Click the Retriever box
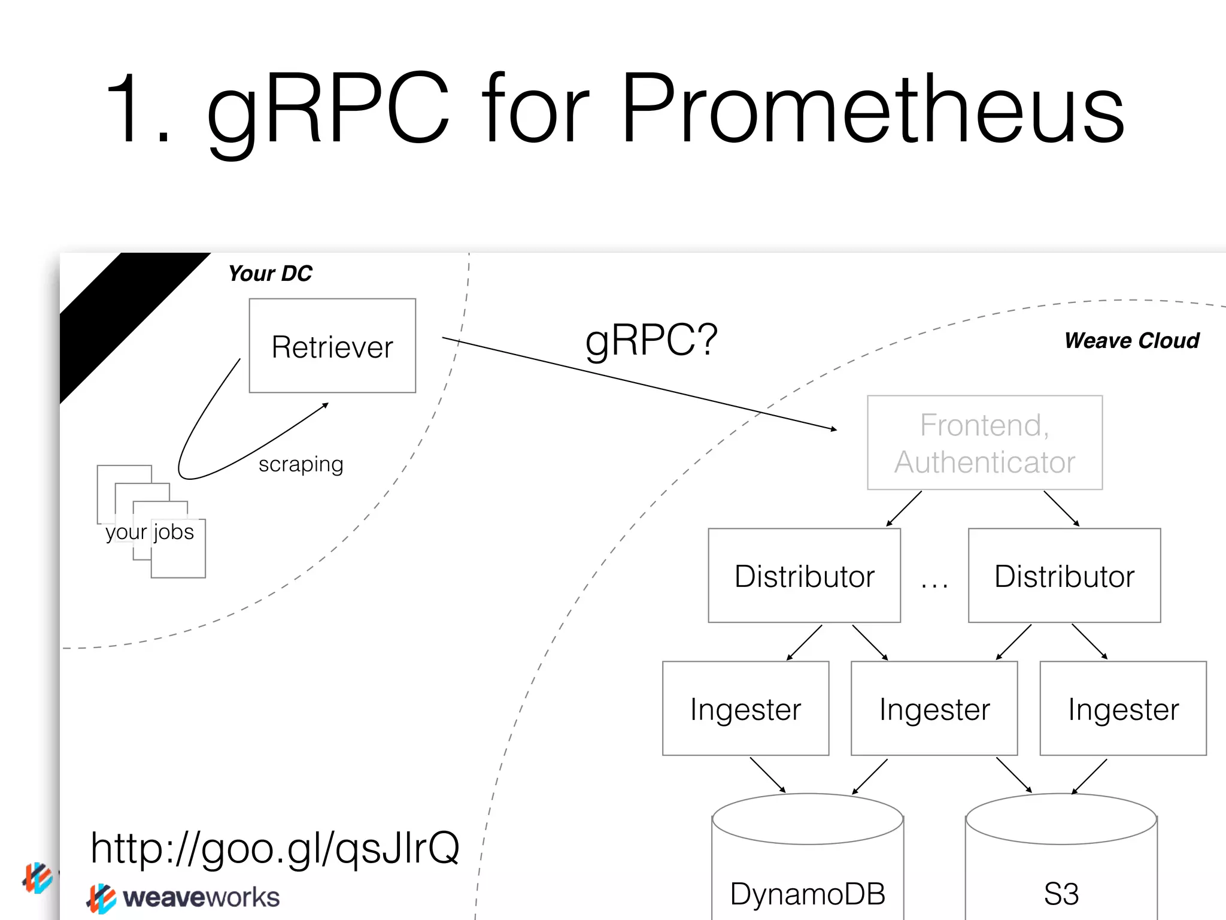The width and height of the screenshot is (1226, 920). pyautogui.click(x=332, y=346)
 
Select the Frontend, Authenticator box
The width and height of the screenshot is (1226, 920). pyautogui.click(x=985, y=443)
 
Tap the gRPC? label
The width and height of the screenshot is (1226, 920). pyautogui.click(x=651, y=340)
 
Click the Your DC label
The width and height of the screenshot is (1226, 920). pyautogui.click(x=270, y=274)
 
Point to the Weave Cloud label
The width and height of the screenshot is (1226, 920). pyautogui.click(x=1131, y=340)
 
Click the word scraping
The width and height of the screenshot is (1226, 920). pyautogui.click(x=301, y=464)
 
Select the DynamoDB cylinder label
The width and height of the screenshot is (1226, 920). pyautogui.click(x=808, y=894)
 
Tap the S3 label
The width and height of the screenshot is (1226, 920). pyautogui.click(x=1061, y=894)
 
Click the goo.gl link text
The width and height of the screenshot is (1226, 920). pyautogui.click(x=275, y=848)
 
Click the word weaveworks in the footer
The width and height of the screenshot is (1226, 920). pyautogui.click(x=201, y=897)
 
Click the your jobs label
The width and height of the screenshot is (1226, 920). pyautogui.click(x=150, y=532)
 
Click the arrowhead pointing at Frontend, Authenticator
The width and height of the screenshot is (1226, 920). pyautogui.click(x=834, y=429)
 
